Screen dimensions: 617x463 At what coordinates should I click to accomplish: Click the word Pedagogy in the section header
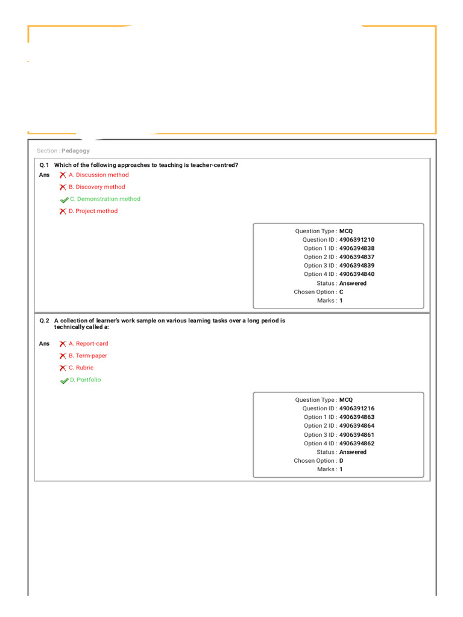point(75,151)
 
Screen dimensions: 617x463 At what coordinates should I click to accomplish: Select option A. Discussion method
point(98,175)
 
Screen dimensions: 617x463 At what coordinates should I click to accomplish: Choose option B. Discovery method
point(96,187)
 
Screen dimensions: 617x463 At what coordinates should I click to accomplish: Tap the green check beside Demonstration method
point(64,199)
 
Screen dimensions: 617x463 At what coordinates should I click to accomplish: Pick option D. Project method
point(93,211)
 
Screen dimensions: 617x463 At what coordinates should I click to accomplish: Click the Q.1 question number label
point(44,164)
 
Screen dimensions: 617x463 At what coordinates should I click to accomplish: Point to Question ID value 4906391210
point(356,240)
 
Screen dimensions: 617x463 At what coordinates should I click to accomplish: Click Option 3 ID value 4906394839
point(356,266)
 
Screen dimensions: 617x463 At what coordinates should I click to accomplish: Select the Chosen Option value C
point(341,292)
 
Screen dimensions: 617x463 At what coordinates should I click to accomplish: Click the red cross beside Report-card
point(63,343)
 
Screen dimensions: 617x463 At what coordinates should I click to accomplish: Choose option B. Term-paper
point(87,355)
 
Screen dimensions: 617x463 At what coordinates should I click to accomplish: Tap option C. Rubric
point(81,368)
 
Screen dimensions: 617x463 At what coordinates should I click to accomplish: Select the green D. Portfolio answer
point(85,380)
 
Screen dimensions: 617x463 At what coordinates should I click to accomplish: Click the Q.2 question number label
point(44,321)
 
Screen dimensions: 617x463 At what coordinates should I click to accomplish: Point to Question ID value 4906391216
point(356,409)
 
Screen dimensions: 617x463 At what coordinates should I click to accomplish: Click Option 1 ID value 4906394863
point(356,417)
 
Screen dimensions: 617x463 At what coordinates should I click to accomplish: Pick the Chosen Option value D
point(341,460)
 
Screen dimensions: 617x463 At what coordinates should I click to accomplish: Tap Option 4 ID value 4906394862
point(356,443)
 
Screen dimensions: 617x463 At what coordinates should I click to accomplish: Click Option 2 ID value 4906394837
point(356,257)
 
